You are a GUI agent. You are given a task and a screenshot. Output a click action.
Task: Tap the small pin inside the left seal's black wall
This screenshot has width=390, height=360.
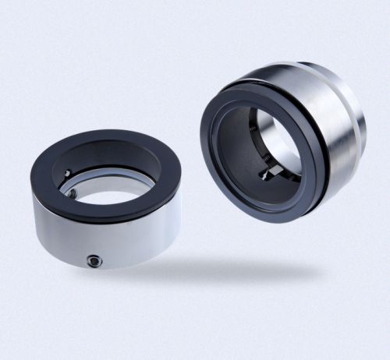click(68, 173)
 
